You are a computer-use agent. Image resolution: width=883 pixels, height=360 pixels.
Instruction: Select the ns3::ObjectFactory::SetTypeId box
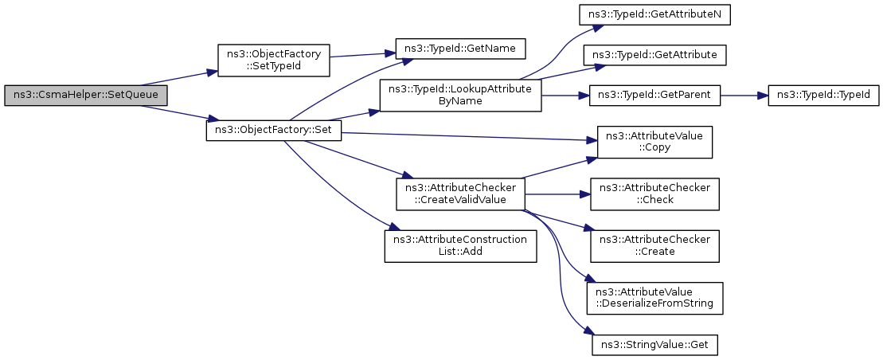pyautogui.click(x=273, y=61)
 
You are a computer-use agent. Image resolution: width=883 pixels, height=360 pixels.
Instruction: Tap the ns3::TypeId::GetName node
pyautogui.click(x=461, y=49)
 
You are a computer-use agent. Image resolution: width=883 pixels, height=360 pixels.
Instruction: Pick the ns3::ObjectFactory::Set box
pyautogui.click(x=274, y=132)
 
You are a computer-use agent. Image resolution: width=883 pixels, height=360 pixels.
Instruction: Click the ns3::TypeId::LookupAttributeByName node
pyautogui.click(x=461, y=96)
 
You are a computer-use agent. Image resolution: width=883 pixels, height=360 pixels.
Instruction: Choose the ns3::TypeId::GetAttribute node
pyautogui.click(x=655, y=55)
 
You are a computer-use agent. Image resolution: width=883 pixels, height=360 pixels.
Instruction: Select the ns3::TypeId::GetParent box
pyautogui.click(x=655, y=96)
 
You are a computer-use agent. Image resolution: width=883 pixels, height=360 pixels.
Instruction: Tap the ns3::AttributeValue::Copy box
pyautogui.click(x=655, y=142)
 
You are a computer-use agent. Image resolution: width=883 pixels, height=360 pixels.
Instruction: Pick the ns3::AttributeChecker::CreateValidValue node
pyautogui.click(x=461, y=194)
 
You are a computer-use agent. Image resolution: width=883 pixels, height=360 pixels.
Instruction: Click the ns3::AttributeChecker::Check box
pyautogui.click(x=655, y=194)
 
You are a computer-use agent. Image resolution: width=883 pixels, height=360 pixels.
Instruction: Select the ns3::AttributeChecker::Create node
pyautogui.click(x=655, y=245)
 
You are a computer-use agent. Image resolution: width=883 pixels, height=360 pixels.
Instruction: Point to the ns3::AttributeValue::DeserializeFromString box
pyautogui.click(x=655, y=298)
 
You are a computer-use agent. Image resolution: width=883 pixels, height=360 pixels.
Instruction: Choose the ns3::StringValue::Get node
pyautogui.click(x=655, y=344)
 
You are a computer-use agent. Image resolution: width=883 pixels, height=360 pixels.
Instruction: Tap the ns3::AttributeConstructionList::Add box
pyautogui.click(x=461, y=245)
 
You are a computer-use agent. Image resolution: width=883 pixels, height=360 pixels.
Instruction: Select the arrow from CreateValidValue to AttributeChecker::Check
pyautogui.click(x=557, y=194)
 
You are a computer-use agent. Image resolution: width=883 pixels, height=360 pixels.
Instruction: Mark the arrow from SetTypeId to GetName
pyautogui.click(x=362, y=55)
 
